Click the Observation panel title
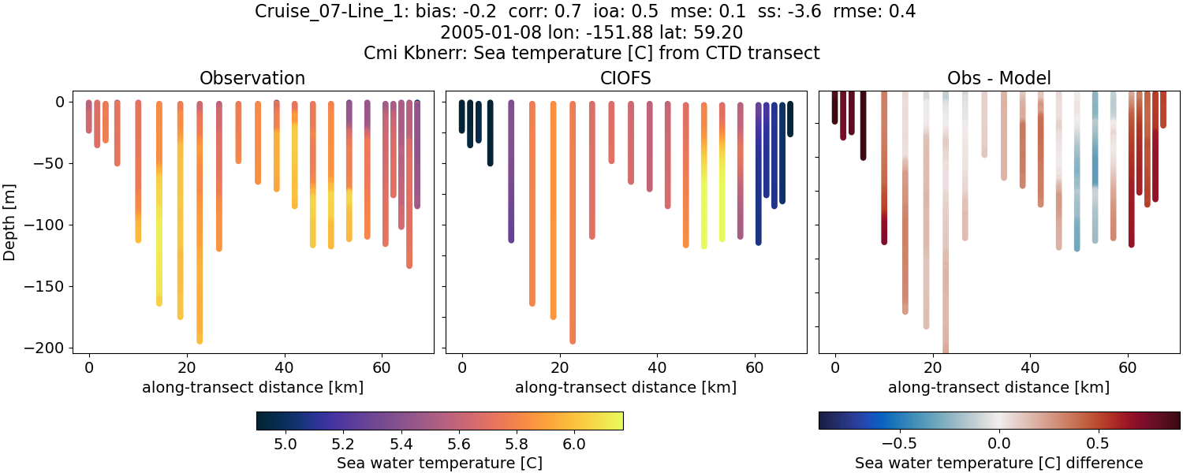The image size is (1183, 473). pyautogui.click(x=252, y=78)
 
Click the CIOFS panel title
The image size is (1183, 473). pyautogui.click(x=626, y=78)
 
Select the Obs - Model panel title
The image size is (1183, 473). pyautogui.click(x=998, y=78)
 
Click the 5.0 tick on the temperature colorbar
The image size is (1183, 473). pyautogui.click(x=285, y=443)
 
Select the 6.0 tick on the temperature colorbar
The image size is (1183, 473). pyautogui.click(x=574, y=443)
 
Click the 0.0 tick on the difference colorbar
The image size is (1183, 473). pyautogui.click(x=999, y=443)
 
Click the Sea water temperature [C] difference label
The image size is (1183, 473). pyautogui.click(x=998, y=463)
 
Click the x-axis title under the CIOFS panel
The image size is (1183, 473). pyautogui.click(x=626, y=387)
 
